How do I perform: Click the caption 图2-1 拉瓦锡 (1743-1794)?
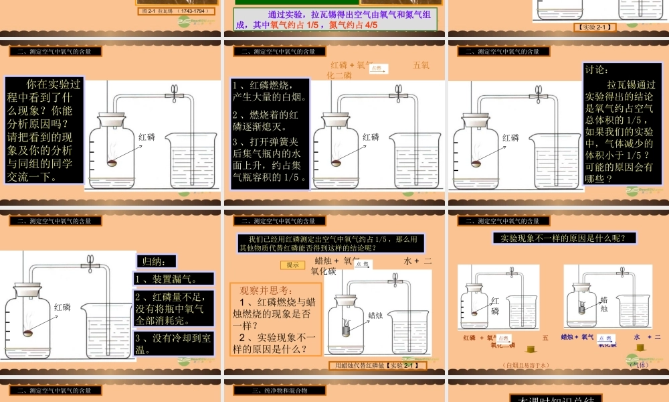click(177, 11)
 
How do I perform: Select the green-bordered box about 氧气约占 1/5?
click(335, 20)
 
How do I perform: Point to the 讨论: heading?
click(597, 70)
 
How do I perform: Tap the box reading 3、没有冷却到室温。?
click(173, 343)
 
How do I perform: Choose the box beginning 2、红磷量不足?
click(173, 309)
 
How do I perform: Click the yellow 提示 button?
click(292, 265)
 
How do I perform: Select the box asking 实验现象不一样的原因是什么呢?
click(564, 237)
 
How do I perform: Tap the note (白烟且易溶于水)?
click(525, 365)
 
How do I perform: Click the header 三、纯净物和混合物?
click(280, 390)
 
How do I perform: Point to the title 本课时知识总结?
click(557, 398)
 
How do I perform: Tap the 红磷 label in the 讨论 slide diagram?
click(510, 137)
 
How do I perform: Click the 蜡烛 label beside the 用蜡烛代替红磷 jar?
click(376, 315)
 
